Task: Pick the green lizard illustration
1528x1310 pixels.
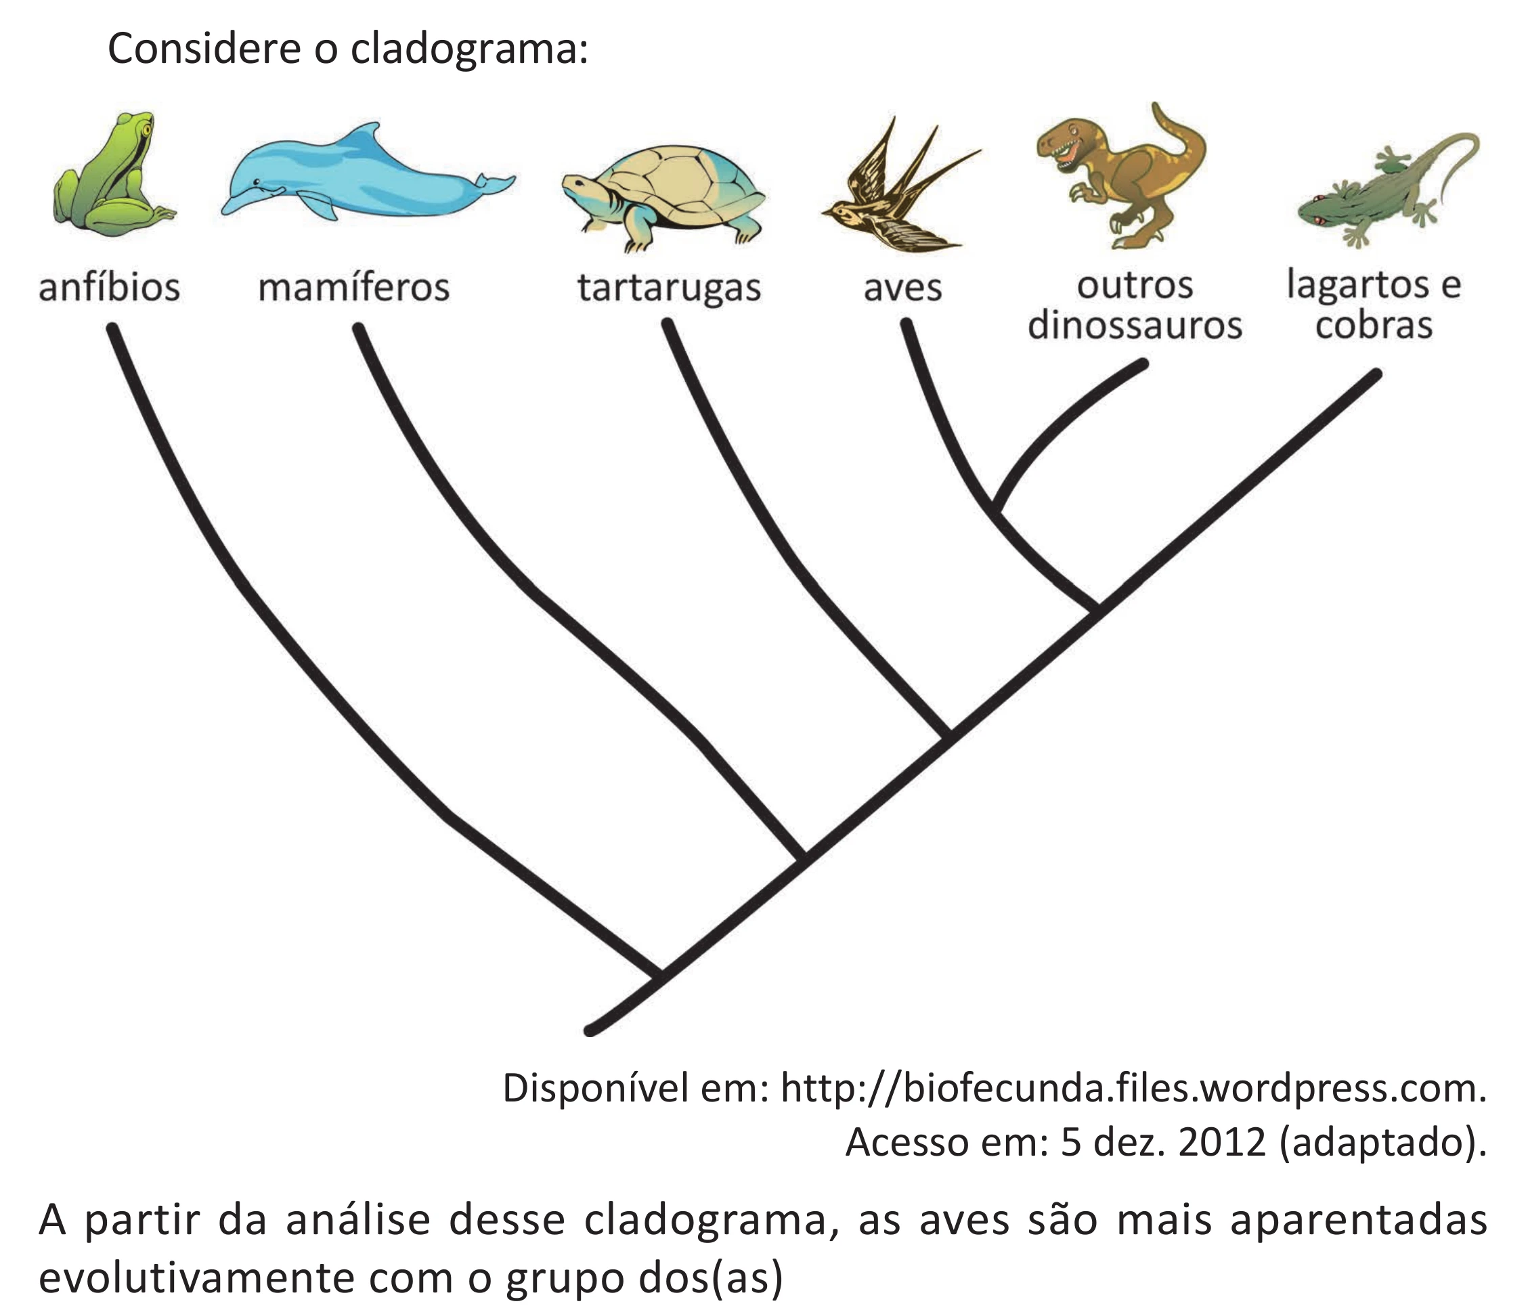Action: pos(1387,189)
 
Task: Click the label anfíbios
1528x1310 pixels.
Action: pos(109,287)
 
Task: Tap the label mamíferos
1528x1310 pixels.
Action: pos(354,287)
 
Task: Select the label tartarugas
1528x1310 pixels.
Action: pos(669,288)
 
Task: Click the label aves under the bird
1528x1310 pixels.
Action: pos(902,288)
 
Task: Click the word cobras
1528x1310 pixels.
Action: pos(1374,325)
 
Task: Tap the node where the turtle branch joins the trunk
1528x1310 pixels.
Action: pos(949,735)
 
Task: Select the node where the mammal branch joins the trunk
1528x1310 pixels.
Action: pos(804,857)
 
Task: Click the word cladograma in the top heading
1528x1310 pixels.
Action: pos(469,50)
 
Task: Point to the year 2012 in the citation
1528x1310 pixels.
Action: pos(1222,1143)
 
